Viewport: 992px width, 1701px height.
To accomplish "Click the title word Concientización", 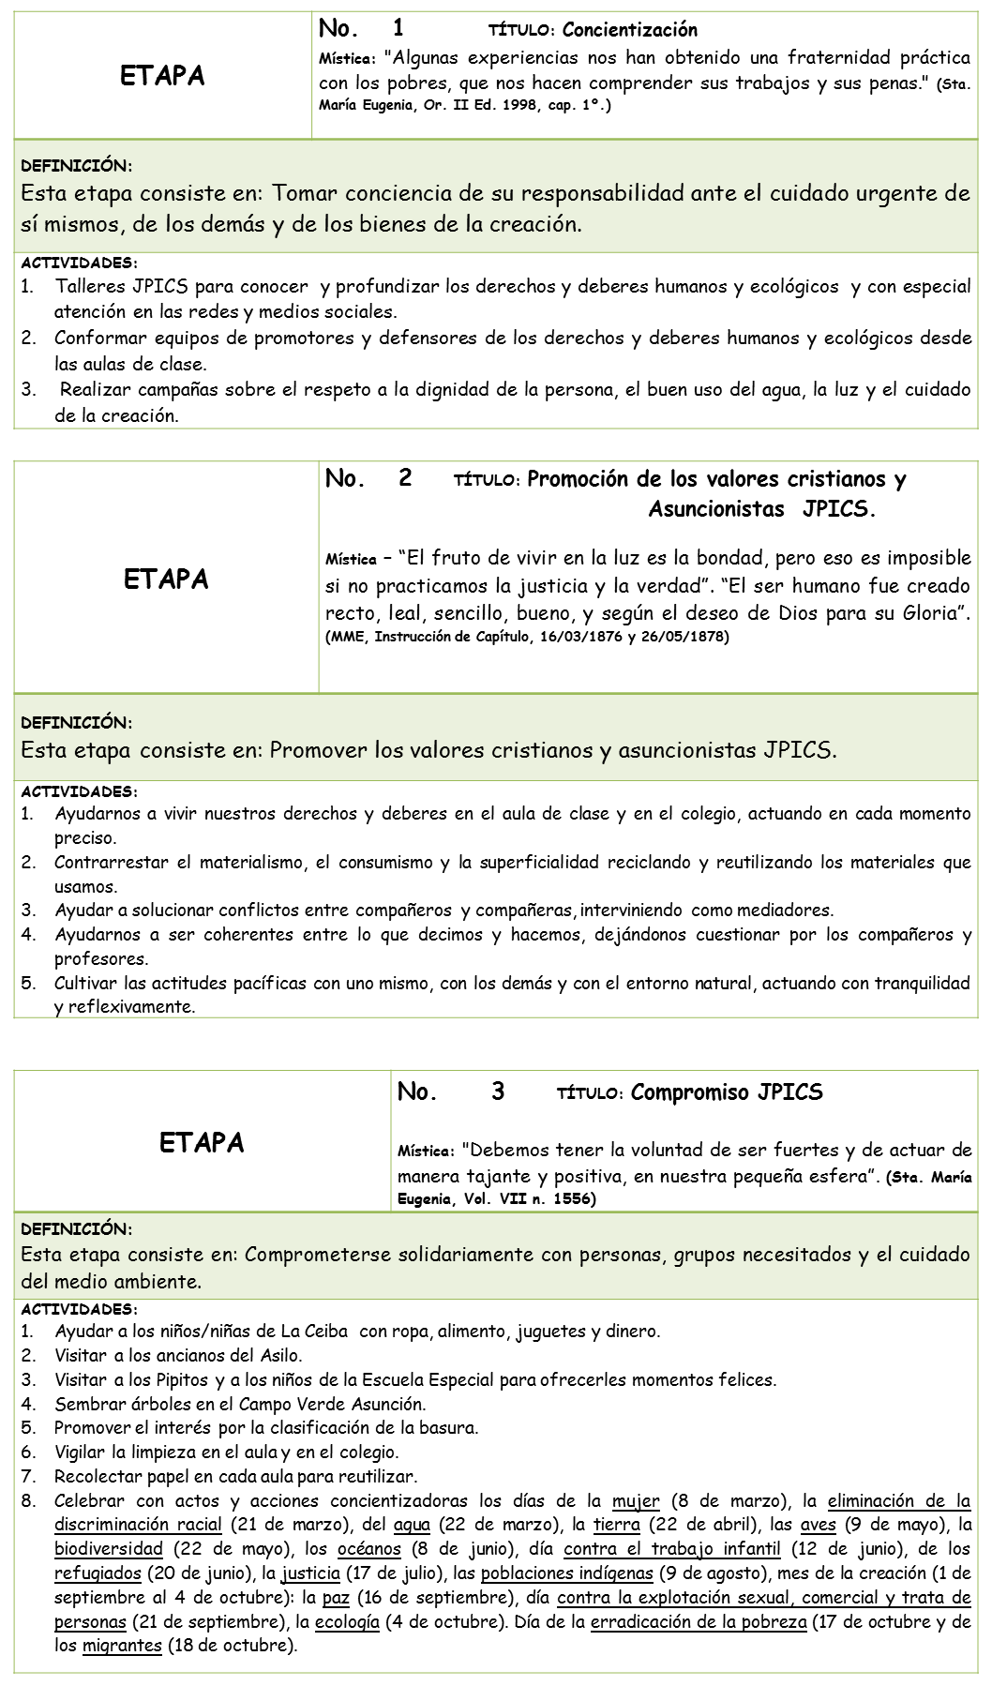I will point(630,30).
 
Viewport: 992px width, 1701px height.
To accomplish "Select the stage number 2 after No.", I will point(405,478).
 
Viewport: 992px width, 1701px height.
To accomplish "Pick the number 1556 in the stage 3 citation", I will point(568,1198).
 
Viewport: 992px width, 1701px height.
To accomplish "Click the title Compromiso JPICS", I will point(727,1092).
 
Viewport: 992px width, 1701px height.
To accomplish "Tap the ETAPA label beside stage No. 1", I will point(162,76).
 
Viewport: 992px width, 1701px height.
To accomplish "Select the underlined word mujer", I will point(636,1501).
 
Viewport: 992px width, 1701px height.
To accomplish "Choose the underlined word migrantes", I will point(122,1647).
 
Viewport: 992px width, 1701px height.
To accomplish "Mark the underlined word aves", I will point(818,1526).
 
